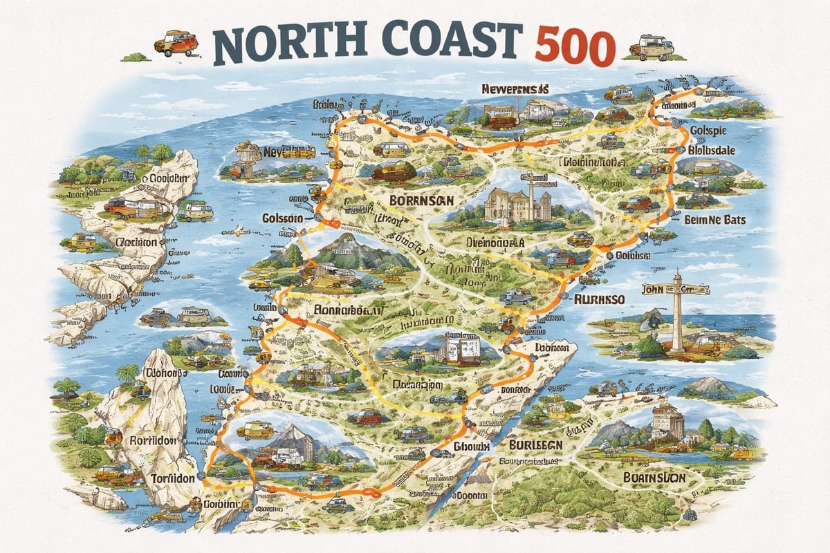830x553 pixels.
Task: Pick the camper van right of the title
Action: tap(652, 46)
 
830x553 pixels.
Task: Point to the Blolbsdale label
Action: tap(719, 150)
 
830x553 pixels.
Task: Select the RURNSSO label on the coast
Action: tap(600, 299)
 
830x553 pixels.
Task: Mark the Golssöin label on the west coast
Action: tap(282, 218)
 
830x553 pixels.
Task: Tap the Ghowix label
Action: tap(472, 447)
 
